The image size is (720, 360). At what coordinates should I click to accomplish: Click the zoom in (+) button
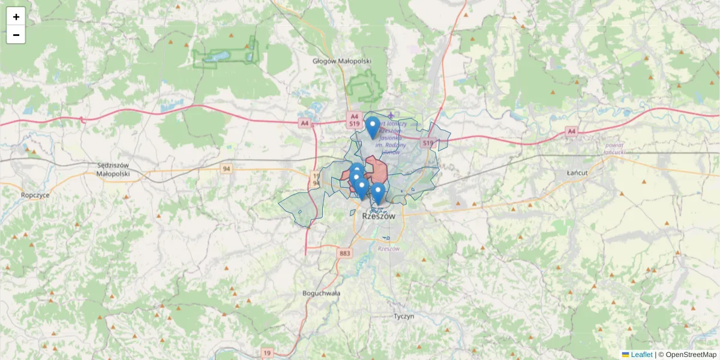(16, 17)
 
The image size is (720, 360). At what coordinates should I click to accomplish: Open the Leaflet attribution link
(641, 355)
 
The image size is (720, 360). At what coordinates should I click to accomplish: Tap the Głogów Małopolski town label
(343, 61)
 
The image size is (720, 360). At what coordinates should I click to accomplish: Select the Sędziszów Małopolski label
(113, 169)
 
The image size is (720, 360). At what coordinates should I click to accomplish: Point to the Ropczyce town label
(35, 195)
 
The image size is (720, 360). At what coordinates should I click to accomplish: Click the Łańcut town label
(577, 173)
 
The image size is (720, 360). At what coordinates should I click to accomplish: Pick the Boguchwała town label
(322, 293)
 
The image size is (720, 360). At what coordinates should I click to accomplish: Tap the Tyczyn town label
(404, 316)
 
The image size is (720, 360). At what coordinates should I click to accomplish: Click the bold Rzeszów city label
(379, 217)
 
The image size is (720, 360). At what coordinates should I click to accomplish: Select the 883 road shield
(344, 254)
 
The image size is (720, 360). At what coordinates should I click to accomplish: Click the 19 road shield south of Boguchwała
(267, 352)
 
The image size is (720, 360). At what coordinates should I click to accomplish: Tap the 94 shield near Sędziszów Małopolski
(226, 169)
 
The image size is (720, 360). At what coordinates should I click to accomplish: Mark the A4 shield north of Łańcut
(571, 131)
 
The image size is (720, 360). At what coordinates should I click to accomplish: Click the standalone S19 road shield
(427, 143)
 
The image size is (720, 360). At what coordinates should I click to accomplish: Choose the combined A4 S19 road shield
(354, 120)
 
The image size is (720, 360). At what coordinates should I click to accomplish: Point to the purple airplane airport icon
(392, 115)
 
